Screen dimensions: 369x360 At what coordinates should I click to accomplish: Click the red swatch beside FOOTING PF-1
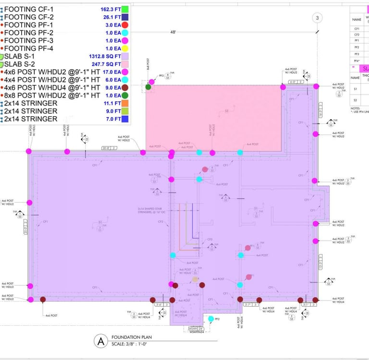124,24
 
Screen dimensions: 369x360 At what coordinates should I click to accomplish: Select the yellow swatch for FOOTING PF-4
124,48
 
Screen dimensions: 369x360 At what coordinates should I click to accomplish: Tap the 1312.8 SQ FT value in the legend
103,56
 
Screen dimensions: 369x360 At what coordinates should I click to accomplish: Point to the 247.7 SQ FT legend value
106,64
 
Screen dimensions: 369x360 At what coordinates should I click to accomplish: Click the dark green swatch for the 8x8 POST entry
124,95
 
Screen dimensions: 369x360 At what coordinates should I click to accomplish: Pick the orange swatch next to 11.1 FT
124,103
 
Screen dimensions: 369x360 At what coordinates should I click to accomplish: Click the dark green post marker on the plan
148,86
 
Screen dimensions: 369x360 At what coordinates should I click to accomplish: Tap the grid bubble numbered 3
317,18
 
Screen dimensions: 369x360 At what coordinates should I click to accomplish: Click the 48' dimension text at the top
173,32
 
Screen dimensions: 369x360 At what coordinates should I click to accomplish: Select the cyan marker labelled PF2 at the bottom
210,318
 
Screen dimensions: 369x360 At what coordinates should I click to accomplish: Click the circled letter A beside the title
100,341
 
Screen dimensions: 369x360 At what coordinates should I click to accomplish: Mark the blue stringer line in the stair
192,221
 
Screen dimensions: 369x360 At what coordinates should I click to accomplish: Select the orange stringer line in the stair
180,226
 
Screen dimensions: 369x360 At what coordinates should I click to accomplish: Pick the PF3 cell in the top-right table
357,54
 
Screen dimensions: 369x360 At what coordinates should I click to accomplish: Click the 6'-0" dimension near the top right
293,82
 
